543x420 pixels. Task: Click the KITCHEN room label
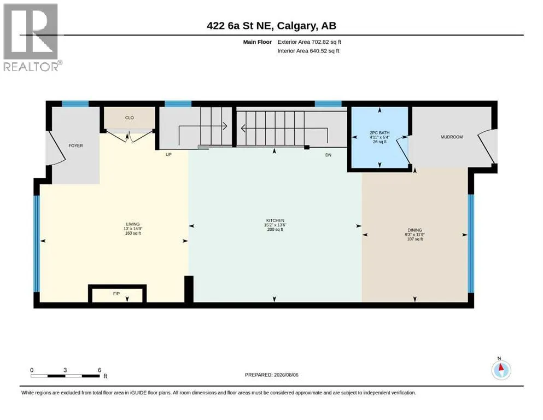275,220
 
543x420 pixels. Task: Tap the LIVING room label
133,224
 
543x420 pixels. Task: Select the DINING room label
414,230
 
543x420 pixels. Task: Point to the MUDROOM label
452,137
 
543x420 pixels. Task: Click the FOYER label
75,146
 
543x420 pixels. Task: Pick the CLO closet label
129,118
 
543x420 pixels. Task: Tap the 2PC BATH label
379,132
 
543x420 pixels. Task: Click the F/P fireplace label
116,294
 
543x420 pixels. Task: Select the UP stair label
168,154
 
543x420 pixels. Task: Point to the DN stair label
328,155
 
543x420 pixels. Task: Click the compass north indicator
501,370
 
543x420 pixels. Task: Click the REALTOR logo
32,37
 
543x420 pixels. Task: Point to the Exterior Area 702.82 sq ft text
310,42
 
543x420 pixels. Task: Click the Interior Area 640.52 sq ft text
308,51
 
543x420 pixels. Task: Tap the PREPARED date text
271,375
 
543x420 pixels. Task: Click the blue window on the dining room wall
471,244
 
